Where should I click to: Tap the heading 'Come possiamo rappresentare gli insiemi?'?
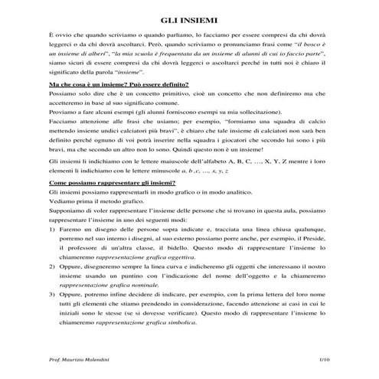(x=112, y=206)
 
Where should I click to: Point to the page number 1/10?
(x=324, y=359)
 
